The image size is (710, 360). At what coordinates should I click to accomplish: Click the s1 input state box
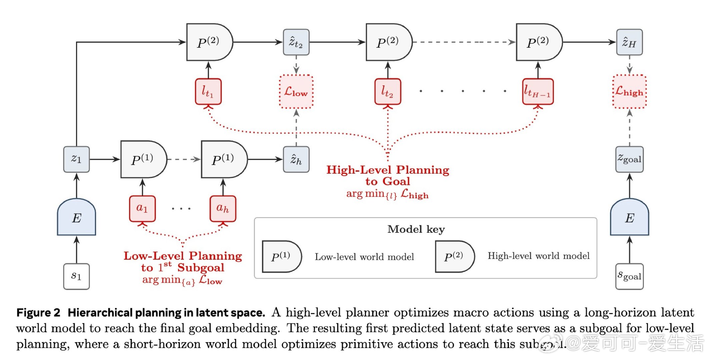76,276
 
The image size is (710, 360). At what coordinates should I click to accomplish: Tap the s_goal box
629,276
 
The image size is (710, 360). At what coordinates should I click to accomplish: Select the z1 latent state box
76,159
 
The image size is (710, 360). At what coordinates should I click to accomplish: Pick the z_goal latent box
629,159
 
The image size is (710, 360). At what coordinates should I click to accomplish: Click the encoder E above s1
76,218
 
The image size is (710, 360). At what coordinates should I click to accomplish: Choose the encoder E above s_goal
629,218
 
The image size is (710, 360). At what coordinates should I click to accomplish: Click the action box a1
142,209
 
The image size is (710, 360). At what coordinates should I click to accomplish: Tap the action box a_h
223,209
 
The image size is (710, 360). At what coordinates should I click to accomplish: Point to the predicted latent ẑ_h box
296,159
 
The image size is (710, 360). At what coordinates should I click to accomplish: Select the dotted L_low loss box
296,92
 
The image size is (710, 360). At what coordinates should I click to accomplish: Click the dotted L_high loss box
629,92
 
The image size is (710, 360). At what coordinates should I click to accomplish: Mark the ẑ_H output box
629,42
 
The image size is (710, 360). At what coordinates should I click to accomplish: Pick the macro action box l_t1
208,92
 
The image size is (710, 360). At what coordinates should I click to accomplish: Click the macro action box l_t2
388,92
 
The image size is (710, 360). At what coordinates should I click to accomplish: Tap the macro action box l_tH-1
538,92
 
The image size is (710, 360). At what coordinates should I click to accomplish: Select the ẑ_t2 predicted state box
296,42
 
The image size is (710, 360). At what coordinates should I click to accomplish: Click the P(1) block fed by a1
143,159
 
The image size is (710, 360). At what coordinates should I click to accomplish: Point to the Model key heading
416,229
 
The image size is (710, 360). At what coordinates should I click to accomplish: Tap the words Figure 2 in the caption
38,313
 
